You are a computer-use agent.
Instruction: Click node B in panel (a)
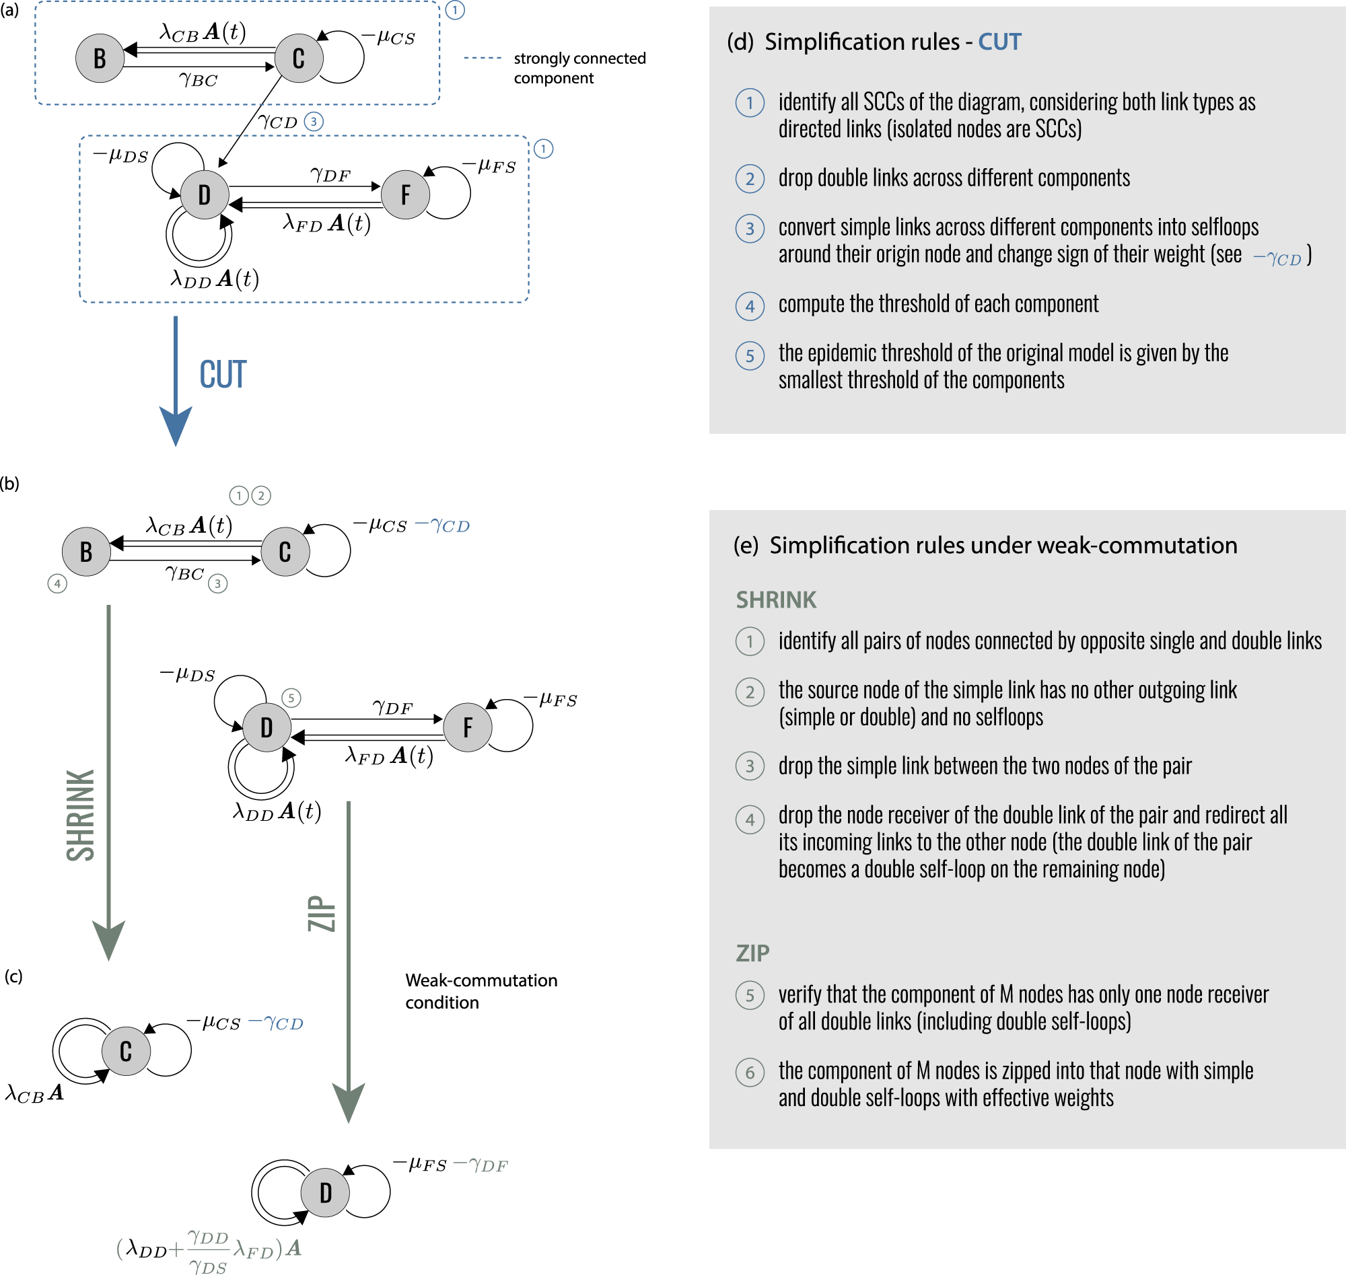[99, 59]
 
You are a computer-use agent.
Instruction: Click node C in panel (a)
[298, 59]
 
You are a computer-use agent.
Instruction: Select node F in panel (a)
[405, 195]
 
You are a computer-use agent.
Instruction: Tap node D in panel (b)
[267, 727]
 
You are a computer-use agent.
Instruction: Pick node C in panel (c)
[126, 1051]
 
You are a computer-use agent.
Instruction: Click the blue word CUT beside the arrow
[222, 375]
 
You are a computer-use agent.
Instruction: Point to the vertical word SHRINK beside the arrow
[80, 815]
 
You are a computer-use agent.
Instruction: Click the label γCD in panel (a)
[278, 122]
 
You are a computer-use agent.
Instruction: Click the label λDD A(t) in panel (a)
[215, 279]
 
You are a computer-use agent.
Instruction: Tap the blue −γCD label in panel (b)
[442, 525]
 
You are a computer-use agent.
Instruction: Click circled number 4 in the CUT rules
[750, 306]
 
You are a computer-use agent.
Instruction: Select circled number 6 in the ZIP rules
[750, 1072]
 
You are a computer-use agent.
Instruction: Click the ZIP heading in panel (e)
[752, 953]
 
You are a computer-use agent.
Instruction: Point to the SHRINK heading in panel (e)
[776, 599]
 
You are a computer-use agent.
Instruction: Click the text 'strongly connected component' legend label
[579, 68]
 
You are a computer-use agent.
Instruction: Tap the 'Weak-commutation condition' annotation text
[481, 991]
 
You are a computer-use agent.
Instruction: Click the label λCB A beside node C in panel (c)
[34, 1093]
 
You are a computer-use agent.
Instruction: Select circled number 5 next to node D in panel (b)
[291, 698]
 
